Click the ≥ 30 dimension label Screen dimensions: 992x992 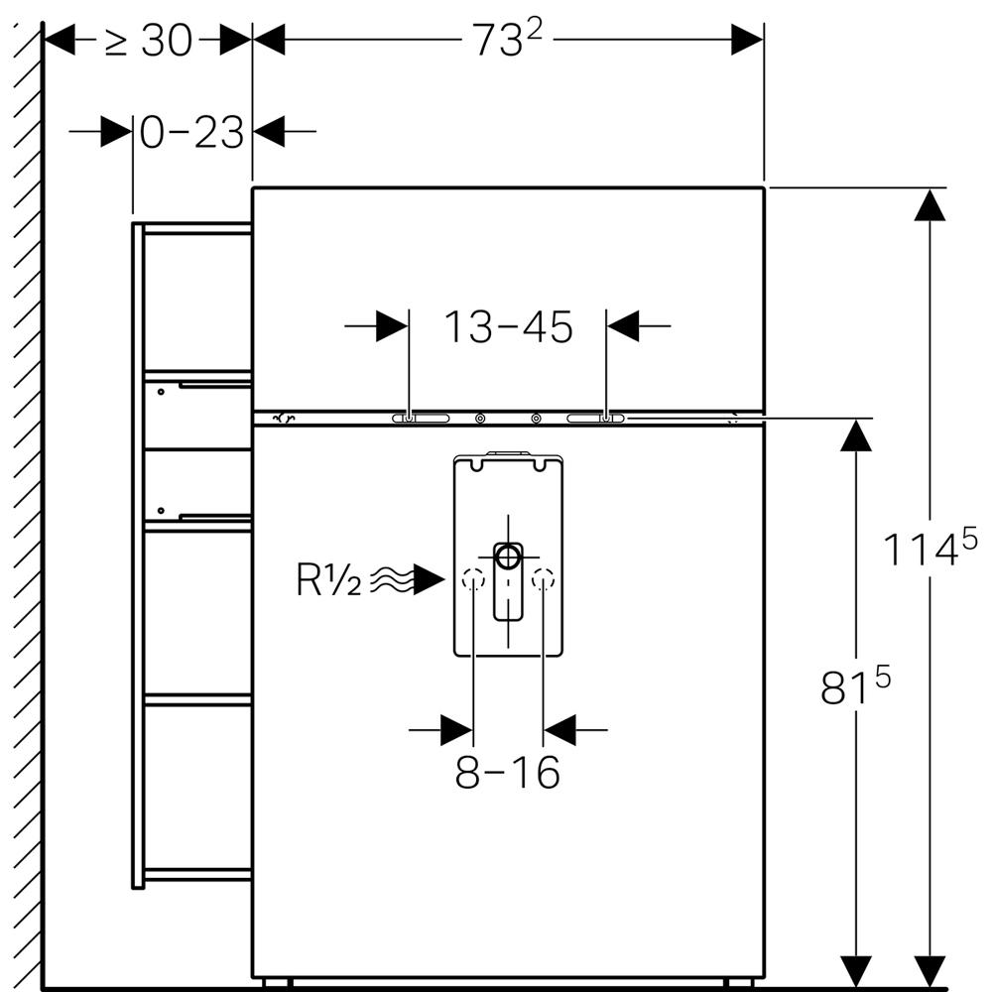149,41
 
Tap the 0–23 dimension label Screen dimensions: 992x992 191,132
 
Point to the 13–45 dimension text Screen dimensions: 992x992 507,326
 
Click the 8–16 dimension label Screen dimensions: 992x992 507,773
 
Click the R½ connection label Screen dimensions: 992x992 329,580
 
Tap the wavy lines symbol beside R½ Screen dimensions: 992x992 391,580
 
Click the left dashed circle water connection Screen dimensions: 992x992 473,580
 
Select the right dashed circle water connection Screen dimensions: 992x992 543,580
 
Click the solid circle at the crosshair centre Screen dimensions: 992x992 508,556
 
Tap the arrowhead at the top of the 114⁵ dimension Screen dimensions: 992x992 929,204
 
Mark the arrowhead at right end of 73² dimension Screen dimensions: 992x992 747,40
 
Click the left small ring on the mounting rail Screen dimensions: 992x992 480,419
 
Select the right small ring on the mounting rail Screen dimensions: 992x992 537,419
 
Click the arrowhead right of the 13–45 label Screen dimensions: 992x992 623,325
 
